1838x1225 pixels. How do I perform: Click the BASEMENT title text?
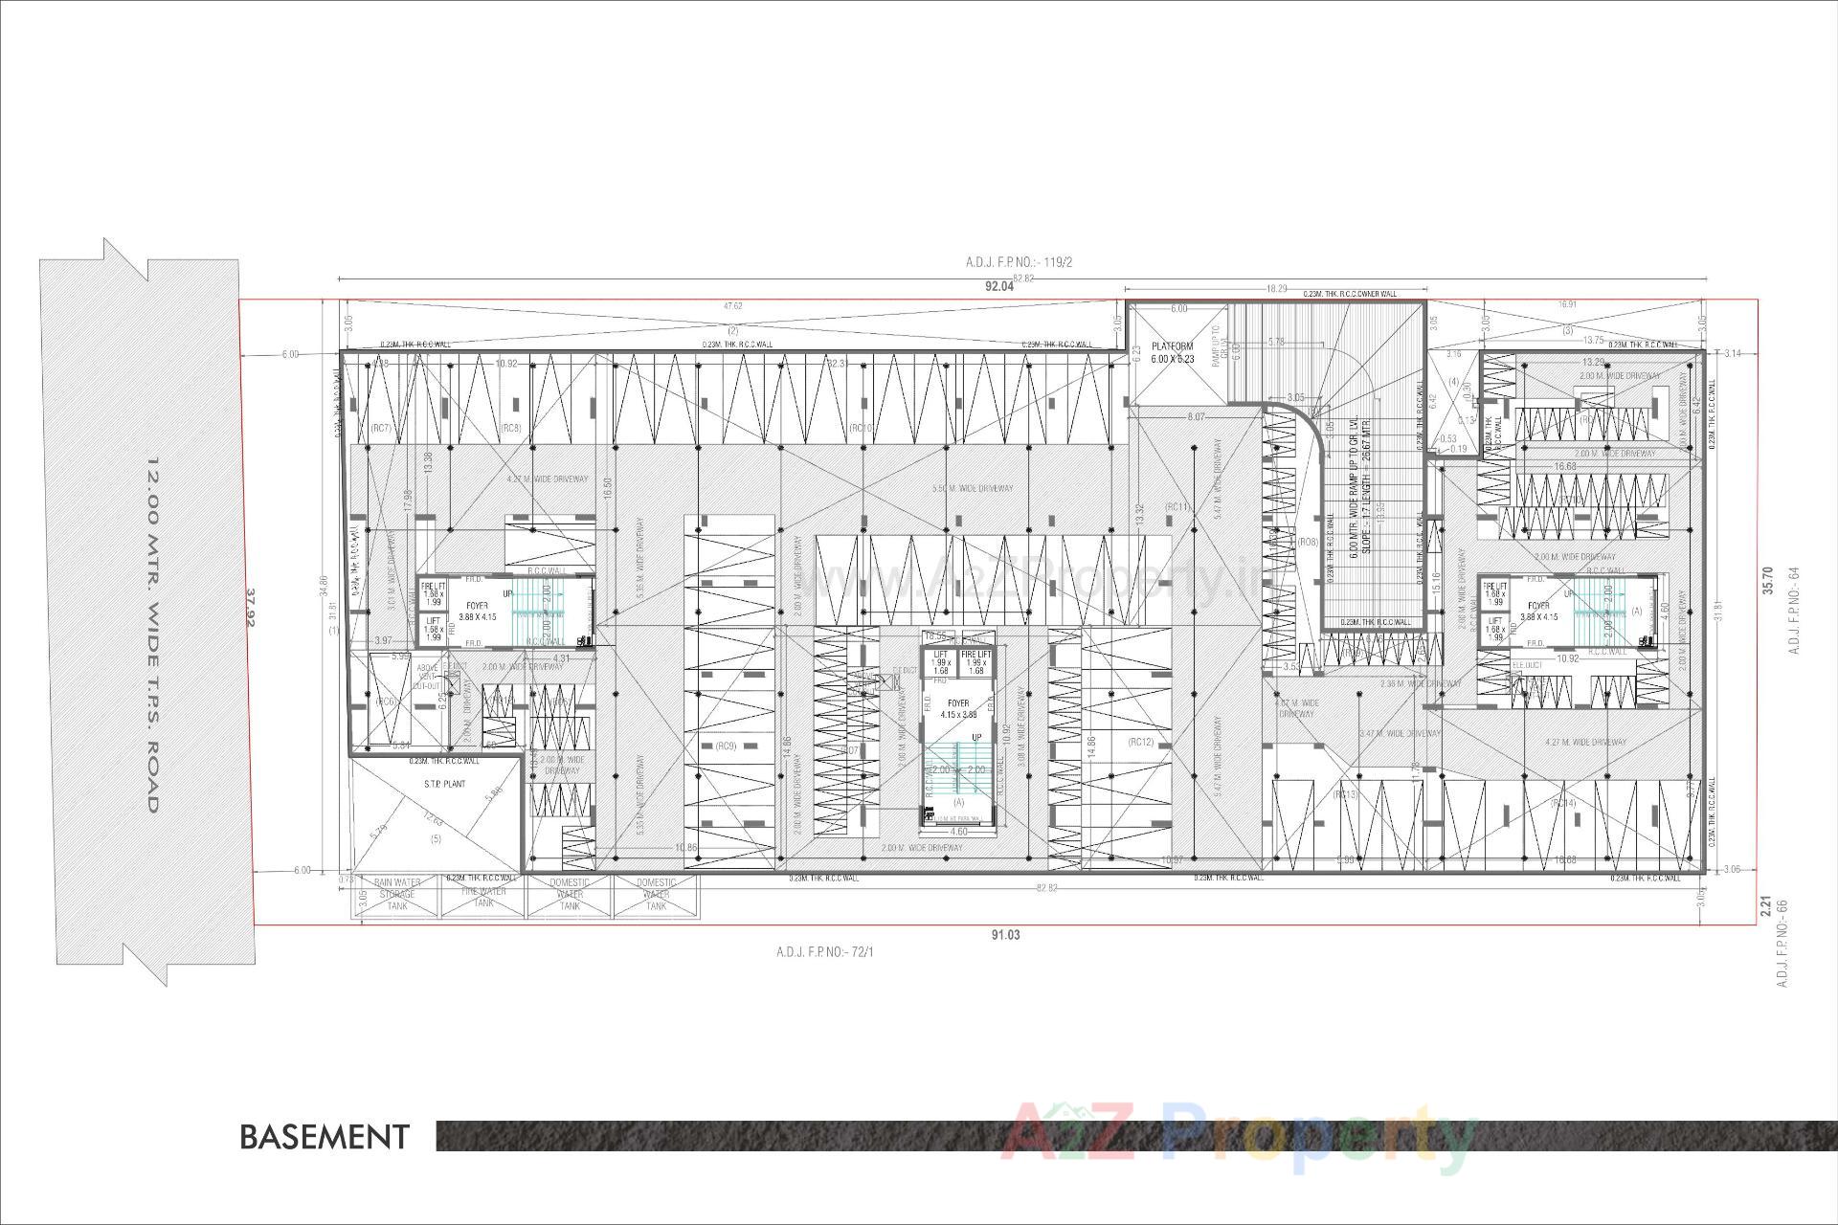tap(324, 1137)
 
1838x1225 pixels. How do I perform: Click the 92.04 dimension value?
tap(998, 286)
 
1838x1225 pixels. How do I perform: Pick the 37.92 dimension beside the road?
tap(253, 608)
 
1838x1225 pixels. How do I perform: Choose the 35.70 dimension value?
tap(1767, 583)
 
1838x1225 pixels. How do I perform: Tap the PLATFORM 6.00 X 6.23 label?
tap(1173, 352)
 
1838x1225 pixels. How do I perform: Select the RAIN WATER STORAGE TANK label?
tap(396, 894)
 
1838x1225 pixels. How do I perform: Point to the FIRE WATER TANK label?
tap(483, 896)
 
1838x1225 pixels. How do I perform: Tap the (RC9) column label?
tap(726, 746)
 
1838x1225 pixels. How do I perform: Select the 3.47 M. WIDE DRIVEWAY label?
tap(1400, 734)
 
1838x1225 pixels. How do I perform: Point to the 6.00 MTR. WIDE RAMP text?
tap(1353, 487)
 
